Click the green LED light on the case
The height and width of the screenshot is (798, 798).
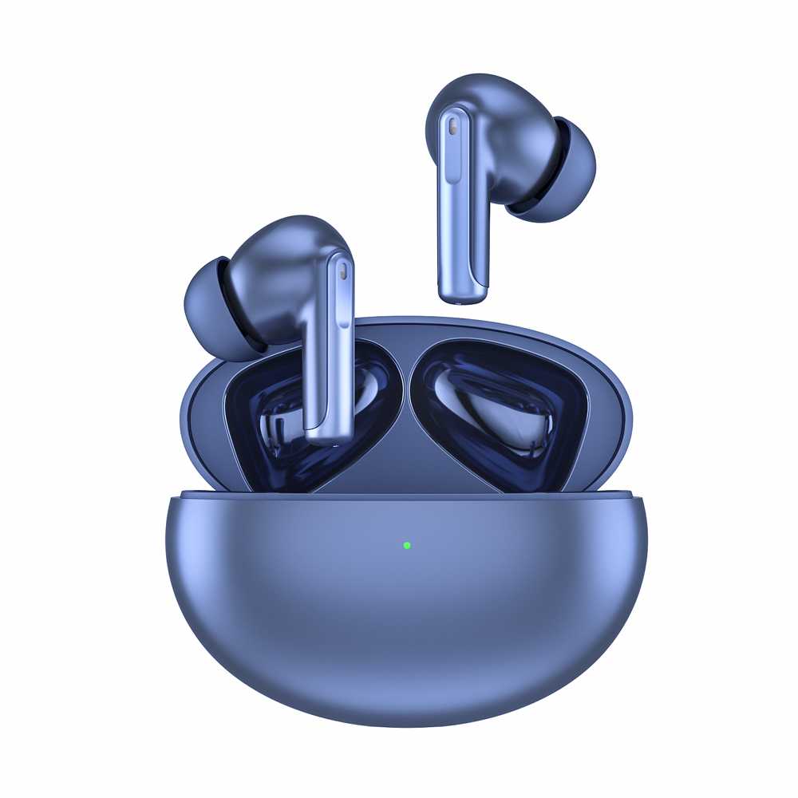406,546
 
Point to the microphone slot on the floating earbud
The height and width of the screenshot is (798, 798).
453,127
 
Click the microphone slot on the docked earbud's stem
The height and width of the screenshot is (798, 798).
342,271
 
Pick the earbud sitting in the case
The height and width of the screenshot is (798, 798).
295,319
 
